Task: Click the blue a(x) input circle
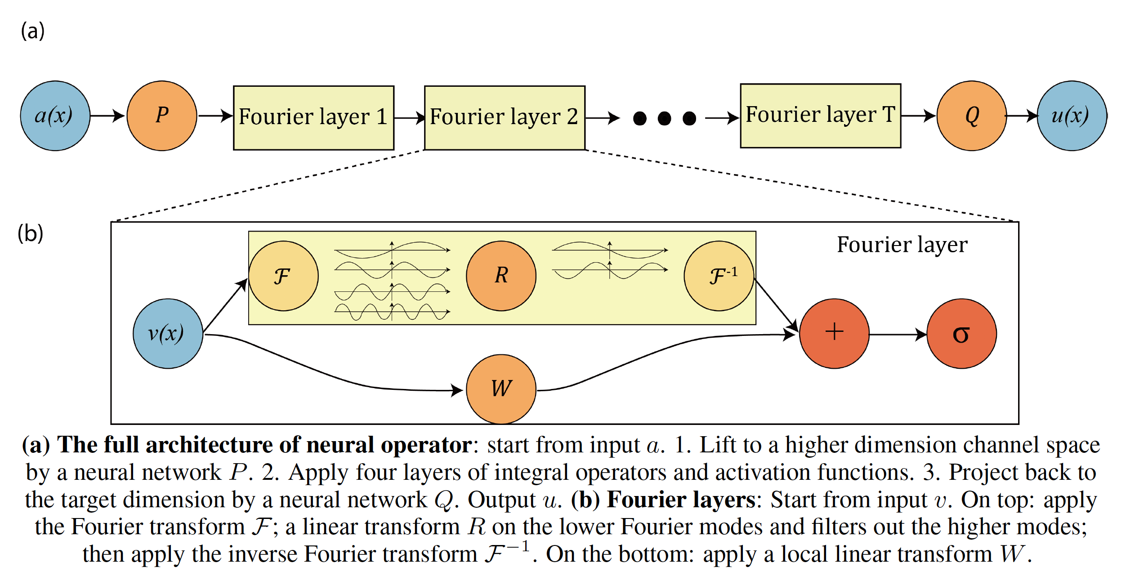[55, 116]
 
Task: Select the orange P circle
[162, 116]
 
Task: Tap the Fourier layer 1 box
[313, 118]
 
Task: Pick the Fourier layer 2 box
[505, 118]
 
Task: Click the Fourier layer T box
[821, 116]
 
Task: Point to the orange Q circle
[972, 116]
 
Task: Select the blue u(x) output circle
[1072, 116]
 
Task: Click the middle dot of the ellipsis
[664, 118]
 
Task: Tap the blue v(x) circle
[168, 334]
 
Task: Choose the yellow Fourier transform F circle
[283, 276]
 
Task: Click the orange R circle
[501, 276]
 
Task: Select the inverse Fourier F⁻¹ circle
[719, 276]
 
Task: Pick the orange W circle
[501, 389]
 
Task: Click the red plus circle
[834, 334]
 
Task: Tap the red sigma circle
[961, 334]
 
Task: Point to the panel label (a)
[33, 31]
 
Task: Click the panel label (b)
[31, 233]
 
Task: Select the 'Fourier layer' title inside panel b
[902, 245]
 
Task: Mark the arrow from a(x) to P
[108, 116]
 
